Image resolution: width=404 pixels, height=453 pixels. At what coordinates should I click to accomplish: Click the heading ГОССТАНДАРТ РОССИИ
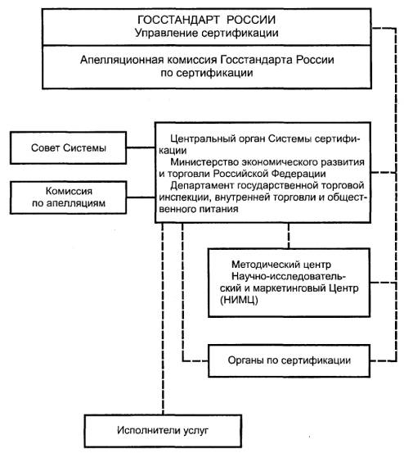[206, 20]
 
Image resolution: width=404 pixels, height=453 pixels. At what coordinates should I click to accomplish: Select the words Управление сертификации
[206, 33]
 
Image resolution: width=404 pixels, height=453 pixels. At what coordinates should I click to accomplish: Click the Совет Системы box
[69, 148]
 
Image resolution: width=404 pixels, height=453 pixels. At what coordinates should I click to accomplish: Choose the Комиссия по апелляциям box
[69, 197]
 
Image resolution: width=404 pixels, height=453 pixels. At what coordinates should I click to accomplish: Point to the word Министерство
[204, 162]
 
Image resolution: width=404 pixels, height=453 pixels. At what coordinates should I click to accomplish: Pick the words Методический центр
[281, 265]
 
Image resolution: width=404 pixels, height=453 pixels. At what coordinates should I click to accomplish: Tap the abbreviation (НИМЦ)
[239, 300]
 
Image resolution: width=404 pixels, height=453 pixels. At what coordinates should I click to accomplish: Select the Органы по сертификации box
[289, 360]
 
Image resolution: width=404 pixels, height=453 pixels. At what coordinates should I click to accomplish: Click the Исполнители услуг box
[163, 431]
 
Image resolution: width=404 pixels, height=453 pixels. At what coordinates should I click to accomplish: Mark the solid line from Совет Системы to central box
[141, 148]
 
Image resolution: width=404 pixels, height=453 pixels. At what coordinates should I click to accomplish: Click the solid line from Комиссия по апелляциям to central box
[141, 197]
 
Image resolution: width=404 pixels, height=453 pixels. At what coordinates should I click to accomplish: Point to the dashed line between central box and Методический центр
[289, 236]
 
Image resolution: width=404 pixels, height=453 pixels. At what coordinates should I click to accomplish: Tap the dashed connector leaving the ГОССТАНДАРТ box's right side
[384, 29]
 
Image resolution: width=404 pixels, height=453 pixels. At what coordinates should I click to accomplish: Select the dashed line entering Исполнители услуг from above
[163, 319]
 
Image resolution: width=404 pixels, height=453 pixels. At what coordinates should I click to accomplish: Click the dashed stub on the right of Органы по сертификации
[384, 360]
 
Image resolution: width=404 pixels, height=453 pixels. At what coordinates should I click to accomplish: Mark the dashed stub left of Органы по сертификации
[195, 360]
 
